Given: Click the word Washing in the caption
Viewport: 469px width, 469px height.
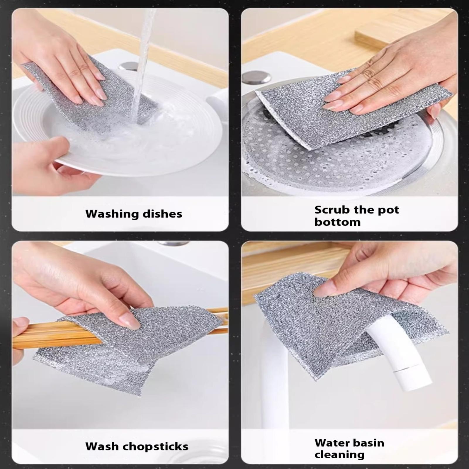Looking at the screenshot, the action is point(112,214).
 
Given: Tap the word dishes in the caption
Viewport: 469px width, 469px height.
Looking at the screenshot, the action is point(162,214).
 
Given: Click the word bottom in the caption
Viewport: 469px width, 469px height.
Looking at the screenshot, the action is point(337,222).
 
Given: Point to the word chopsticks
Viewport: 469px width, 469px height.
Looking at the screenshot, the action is point(155,446).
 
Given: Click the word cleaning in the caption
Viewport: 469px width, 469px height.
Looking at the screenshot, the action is point(339,455).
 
